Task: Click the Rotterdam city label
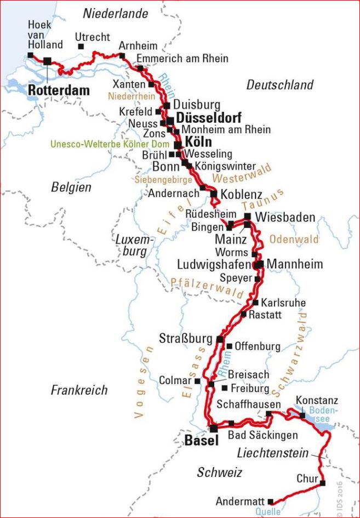pos(58,90)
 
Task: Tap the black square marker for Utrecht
pos(81,47)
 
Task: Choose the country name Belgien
pos(71,187)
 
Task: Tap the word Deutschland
pos(279,85)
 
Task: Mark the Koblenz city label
pos(241,195)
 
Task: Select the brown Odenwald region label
pos(294,240)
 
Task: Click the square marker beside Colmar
pos(197,380)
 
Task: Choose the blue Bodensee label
pos(324,414)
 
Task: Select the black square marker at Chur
pos(322,483)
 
